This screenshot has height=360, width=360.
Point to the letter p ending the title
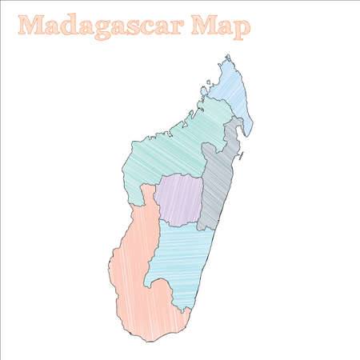242,28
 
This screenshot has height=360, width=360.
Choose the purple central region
179,198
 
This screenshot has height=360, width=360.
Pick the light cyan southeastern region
181,256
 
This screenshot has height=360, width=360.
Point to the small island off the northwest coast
208,81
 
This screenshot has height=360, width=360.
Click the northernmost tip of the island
227,55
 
